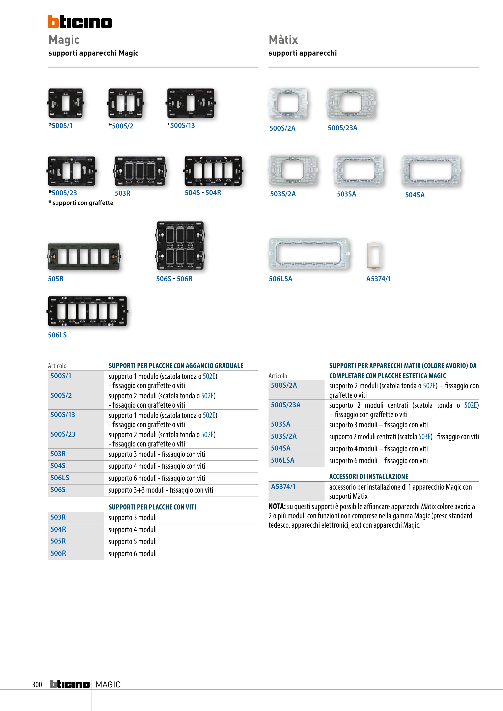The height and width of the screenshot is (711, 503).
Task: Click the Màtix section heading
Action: pos(283,40)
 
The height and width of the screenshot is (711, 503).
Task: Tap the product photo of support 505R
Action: pos(84,256)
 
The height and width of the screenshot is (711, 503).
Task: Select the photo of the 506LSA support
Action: pos(309,254)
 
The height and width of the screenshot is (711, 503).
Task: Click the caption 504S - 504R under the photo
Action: pos(203,193)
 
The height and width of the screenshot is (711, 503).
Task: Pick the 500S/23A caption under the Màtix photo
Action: pos(342,128)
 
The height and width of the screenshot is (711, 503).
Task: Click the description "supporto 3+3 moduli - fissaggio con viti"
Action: pos(161,490)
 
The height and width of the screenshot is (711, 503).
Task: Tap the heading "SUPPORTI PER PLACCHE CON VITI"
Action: pos(152,507)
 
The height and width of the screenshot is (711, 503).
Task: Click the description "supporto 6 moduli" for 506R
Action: pos(133,553)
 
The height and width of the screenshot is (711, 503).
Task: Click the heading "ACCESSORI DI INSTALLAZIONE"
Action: pos(368,476)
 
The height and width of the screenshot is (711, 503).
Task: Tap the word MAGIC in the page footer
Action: pos(108,684)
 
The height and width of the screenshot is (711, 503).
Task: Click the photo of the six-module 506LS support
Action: pos(87,311)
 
